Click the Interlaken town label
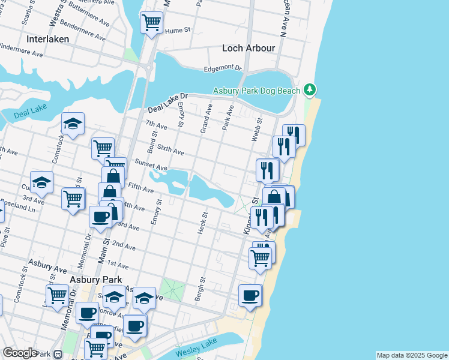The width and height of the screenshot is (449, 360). (x=48, y=38)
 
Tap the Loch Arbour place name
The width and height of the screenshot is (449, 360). (x=249, y=48)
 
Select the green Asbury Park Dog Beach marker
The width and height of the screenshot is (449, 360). (x=310, y=90)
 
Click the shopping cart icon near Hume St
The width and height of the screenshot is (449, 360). (x=151, y=23)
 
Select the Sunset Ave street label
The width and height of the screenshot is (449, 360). (x=151, y=164)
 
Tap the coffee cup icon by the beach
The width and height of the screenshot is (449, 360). (x=250, y=295)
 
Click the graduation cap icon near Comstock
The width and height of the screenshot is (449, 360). (x=73, y=124)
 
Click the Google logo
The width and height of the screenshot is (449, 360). (x=20, y=353)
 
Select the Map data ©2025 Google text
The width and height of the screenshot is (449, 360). (x=411, y=355)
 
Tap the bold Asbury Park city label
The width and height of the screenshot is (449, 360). (x=95, y=280)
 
